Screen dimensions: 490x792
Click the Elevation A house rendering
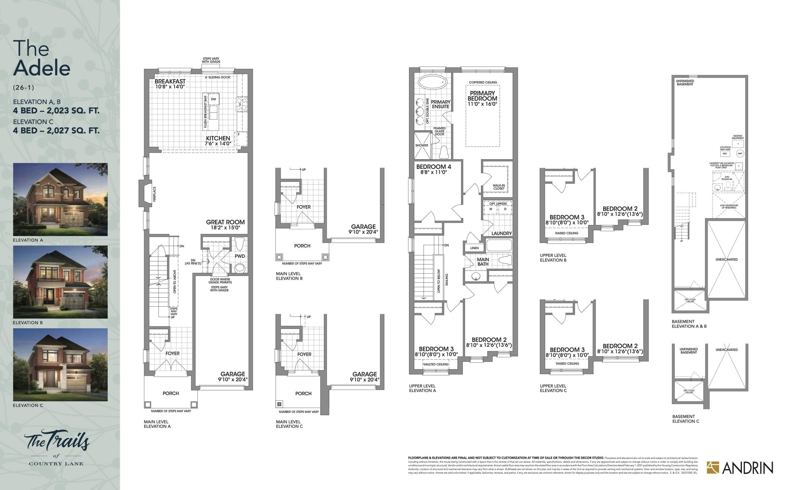[x=60, y=199]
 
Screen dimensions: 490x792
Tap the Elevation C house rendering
[x=60, y=364]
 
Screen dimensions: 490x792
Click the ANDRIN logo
[x=740, y=468]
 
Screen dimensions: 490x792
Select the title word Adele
[x=42, y=68]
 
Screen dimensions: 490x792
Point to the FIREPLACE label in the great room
[x=155, y=194]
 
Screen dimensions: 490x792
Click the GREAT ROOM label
[x=225, y=222]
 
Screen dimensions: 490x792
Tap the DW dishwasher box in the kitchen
[x=213, y=99]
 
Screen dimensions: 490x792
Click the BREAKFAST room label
[x=170, y=81]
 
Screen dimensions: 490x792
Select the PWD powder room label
[x=240, y=256]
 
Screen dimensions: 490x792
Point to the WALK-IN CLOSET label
[x=498, y=187]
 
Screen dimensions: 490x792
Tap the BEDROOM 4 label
[x=434, y=167]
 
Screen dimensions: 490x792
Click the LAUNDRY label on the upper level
[x=501, y=233]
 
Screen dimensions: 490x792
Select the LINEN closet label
[x=474, y=248]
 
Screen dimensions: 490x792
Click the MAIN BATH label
[x=483, y=262]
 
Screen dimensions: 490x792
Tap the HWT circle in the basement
[x=740, y=154]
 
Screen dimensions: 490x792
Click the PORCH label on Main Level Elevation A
[x=170, y=393]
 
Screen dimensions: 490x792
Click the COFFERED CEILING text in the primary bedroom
[x=483, y=82]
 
